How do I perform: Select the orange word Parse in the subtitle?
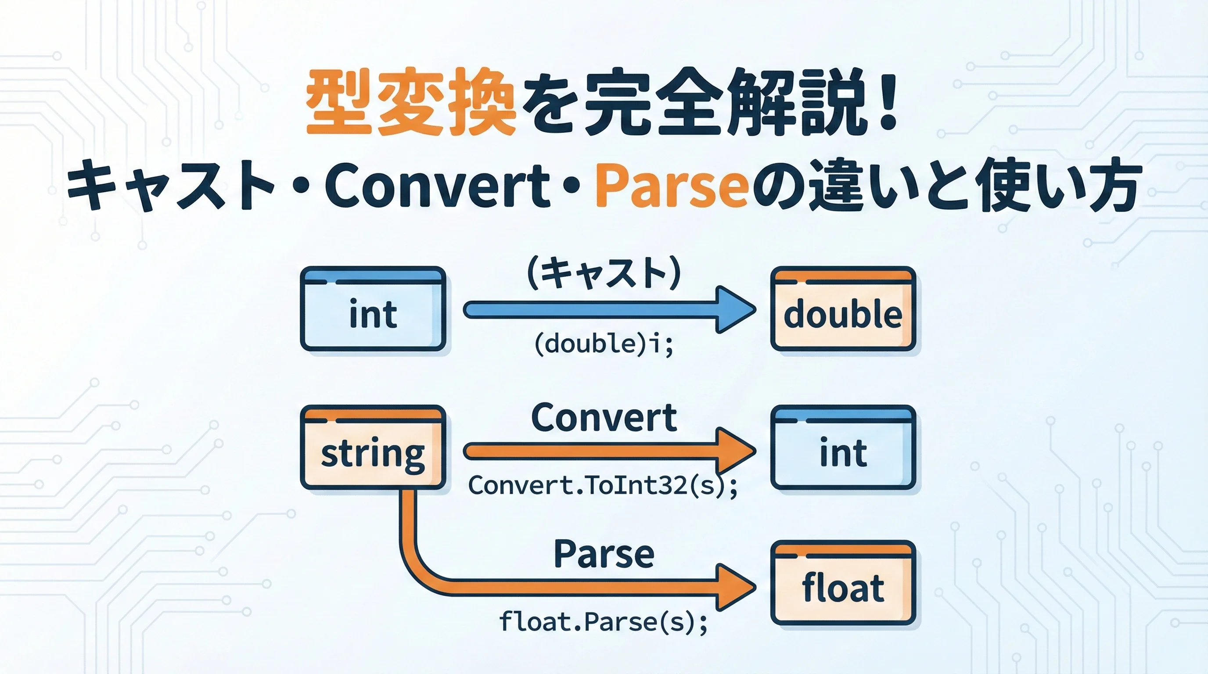coord(671,185)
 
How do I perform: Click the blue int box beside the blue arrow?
coord(373,308)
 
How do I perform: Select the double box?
coord(843,308)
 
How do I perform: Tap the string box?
coord(373,447)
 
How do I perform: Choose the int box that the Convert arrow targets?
coord(843,447)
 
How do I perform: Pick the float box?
coord(843,583)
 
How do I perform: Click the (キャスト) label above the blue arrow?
coord(604,273)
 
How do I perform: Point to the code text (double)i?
coord(604,344)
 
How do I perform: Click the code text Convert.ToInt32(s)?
coord(603,485)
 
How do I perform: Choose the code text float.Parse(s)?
coord(603,622)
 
